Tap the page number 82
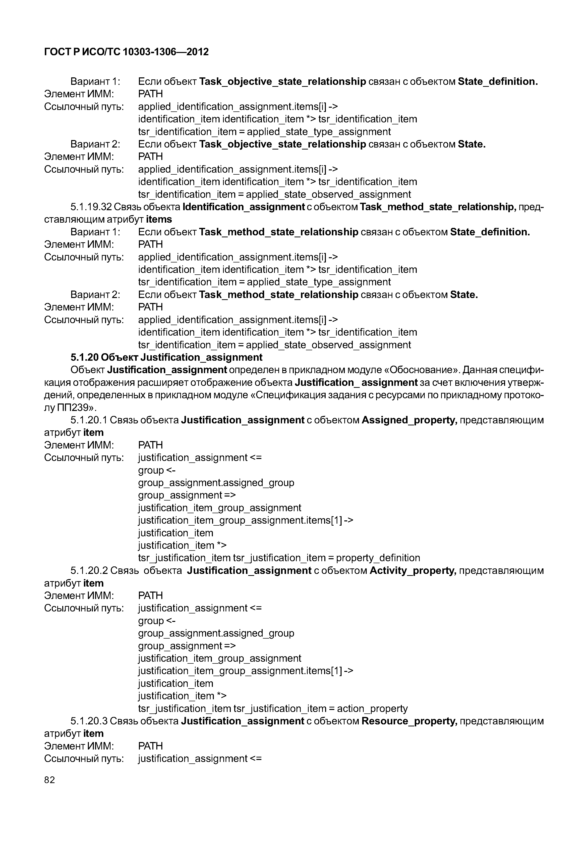49,780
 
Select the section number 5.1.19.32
91,207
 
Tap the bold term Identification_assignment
243,207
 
